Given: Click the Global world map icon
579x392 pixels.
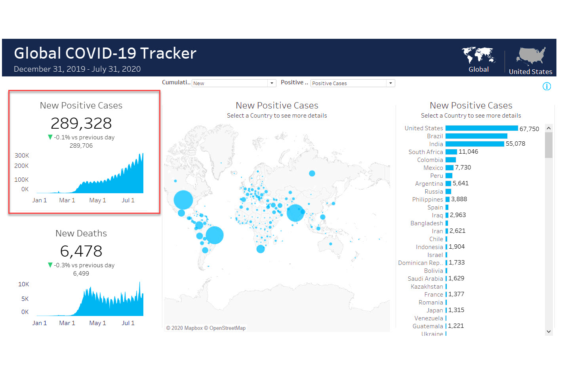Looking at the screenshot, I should pyautogui.click(x=478, y=55).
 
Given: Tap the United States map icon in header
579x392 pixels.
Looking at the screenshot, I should pyautogui.click(x=531, y=56).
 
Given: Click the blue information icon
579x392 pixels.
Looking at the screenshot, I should pyautogui.click(x=547, y=86).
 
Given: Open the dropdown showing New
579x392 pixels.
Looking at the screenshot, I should pyautogui.click(x=234, y=83).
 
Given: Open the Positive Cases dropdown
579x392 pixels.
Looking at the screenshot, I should pyautogui.click(x=352, y=83).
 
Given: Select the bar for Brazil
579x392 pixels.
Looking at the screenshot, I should pyautogui.click(x=476, y=136).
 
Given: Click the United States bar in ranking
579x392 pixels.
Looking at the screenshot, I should pyautogui.click(x=481, y=128).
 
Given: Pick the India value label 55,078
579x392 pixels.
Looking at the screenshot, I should pyautogui.click(x=515, y=144).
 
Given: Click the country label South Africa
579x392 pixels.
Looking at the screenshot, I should pyautogui.click(x=426, y=152).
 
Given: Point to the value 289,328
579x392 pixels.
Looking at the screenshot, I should pyautogui.click(x=81, y=124).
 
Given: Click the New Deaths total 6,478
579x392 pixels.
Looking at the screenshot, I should pyautogui.click(x=81, y=251).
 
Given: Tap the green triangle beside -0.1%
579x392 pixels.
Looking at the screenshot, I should pyautogui.click(x=50, y=137).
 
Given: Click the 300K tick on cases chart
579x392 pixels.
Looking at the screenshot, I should pyautogui.click(x=22, y=156).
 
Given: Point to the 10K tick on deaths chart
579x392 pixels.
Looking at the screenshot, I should pyautogui.click(x=23, y=284).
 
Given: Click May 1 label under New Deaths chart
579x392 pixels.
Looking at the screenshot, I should pyautogui.click(x=97, y=323).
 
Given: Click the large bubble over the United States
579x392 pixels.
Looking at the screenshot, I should pyautogui.click(x=183, y=200).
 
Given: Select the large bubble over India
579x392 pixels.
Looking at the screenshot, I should pyautogui.click(x=295, y=213).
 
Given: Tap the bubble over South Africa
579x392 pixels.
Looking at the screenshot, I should pyautogui.click(x=261, y=249).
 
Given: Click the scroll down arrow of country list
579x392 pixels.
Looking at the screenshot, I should pyautogui.click(x=549, y=331).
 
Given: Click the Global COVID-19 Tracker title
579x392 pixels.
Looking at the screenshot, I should pyautogui.click(x=105, y=53).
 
